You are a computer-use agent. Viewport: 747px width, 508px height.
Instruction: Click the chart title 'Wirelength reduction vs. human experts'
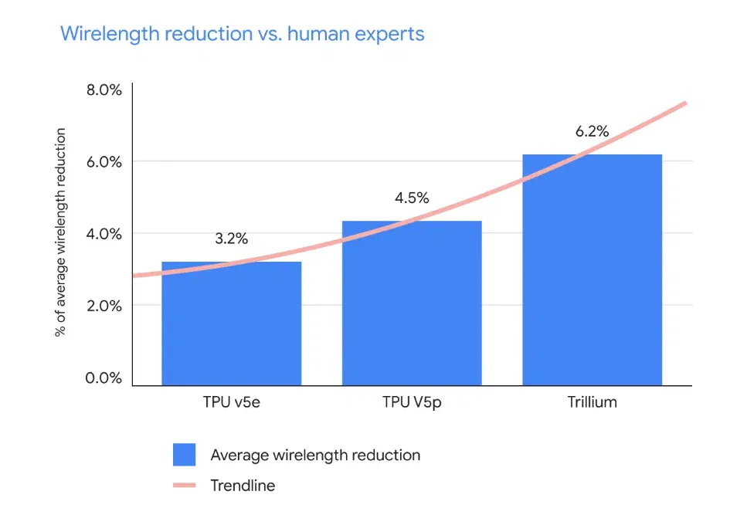(x=242, y=34)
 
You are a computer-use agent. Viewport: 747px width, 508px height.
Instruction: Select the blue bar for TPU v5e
(x=232, y=323)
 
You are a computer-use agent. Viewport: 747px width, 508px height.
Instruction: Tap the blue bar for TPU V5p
(x=412, y=303)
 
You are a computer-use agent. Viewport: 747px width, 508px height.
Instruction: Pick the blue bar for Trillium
(x=593, y=270)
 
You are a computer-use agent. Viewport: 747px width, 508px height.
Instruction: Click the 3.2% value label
(x=232, y=239)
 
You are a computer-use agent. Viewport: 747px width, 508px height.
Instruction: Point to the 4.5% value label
(x=412, y=198)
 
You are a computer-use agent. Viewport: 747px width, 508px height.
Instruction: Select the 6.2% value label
(x=593, y=131)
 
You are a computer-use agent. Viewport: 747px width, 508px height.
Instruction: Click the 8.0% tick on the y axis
(x=104, y=90)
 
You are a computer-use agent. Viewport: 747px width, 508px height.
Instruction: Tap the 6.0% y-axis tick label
(x=104, y=162)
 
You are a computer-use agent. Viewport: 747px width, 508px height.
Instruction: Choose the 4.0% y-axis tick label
(x=104, y=234)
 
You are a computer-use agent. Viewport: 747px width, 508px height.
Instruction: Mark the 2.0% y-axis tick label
(x=104, y=306)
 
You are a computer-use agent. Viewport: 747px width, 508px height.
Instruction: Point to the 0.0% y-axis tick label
(x=104, y=378)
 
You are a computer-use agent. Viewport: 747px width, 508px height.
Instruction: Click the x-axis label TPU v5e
(x=232, y=402)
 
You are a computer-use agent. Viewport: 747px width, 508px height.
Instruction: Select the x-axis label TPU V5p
(x=412, y=403)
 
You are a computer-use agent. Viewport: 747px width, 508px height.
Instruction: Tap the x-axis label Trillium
(x=593, y=402)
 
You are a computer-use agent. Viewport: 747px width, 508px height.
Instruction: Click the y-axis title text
(x=60, y=232)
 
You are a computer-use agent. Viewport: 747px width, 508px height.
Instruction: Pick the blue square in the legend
(x=185, y=455)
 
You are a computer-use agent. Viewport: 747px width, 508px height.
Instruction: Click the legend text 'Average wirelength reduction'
(x=315, y=456)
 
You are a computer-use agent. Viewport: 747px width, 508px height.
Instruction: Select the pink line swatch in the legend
(x=185, y=486)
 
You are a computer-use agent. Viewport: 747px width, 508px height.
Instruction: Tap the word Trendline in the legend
(x=243, y=486)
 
